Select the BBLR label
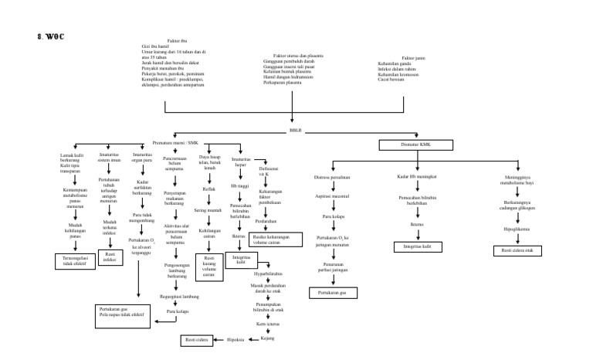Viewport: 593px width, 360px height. [294, 131]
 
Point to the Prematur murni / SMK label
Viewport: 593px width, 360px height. [175, 142]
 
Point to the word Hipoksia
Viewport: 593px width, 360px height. [236, 338]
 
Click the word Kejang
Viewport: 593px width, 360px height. [269, 338]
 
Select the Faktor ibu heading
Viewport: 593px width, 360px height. [177, 40]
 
